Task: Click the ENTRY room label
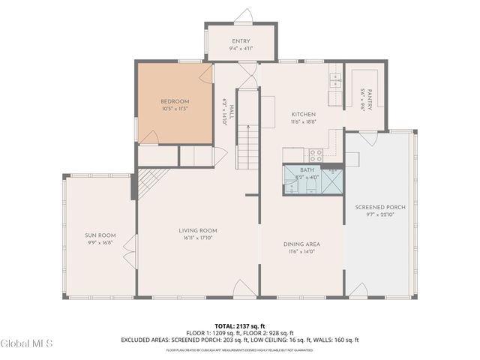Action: tap(240, 41)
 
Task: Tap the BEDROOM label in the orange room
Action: tap(174, 101)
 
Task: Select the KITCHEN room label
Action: tap(304, 115)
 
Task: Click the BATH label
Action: tap(307, 170)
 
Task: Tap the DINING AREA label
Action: tap(302, 244)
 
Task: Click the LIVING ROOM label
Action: tap(198, 230)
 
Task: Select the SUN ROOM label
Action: tap(100, 235)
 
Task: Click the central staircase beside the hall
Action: tap(248, 147)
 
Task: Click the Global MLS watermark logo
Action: tap(27, 343)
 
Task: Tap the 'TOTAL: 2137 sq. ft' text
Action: tap(240, 327)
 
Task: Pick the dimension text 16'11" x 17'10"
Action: tap(198, 238)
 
